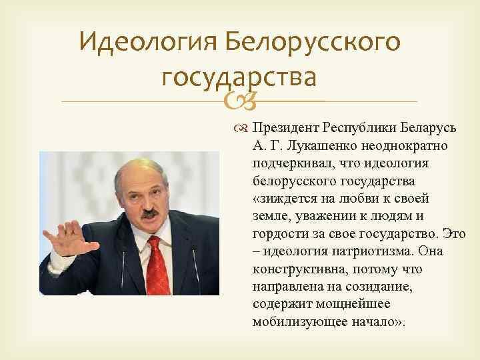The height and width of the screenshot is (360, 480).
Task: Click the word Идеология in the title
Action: click(147, 43)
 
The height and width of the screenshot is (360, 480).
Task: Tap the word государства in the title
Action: click(237, 79)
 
